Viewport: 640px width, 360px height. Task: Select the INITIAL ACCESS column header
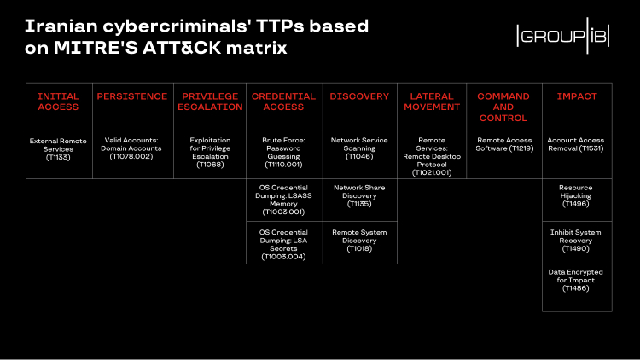click(58, 102)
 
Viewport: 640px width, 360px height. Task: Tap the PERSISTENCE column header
click(131, 97)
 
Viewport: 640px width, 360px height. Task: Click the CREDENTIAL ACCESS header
click(283, 102)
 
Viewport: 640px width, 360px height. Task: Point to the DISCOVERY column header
click(359, 97)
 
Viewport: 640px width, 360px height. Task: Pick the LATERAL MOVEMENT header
click(431, 102)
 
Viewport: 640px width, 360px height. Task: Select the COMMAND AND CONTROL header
click(503, 107)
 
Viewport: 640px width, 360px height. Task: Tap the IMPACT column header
click(577, 97)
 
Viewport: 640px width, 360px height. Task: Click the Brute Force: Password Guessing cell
click(283, 151)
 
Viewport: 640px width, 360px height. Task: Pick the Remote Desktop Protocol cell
click(431, 156)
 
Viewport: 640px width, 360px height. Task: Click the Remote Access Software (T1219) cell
click(503, 145)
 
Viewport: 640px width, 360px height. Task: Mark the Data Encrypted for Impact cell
click(577, 280)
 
